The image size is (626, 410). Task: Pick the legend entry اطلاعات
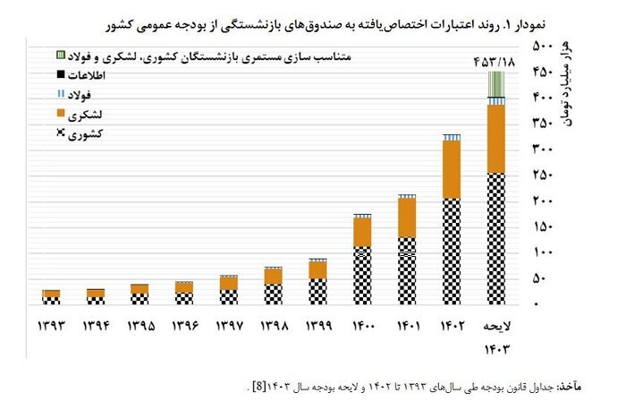[x=80, y=75]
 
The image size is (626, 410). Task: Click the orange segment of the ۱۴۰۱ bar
[x=407, y=217]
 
